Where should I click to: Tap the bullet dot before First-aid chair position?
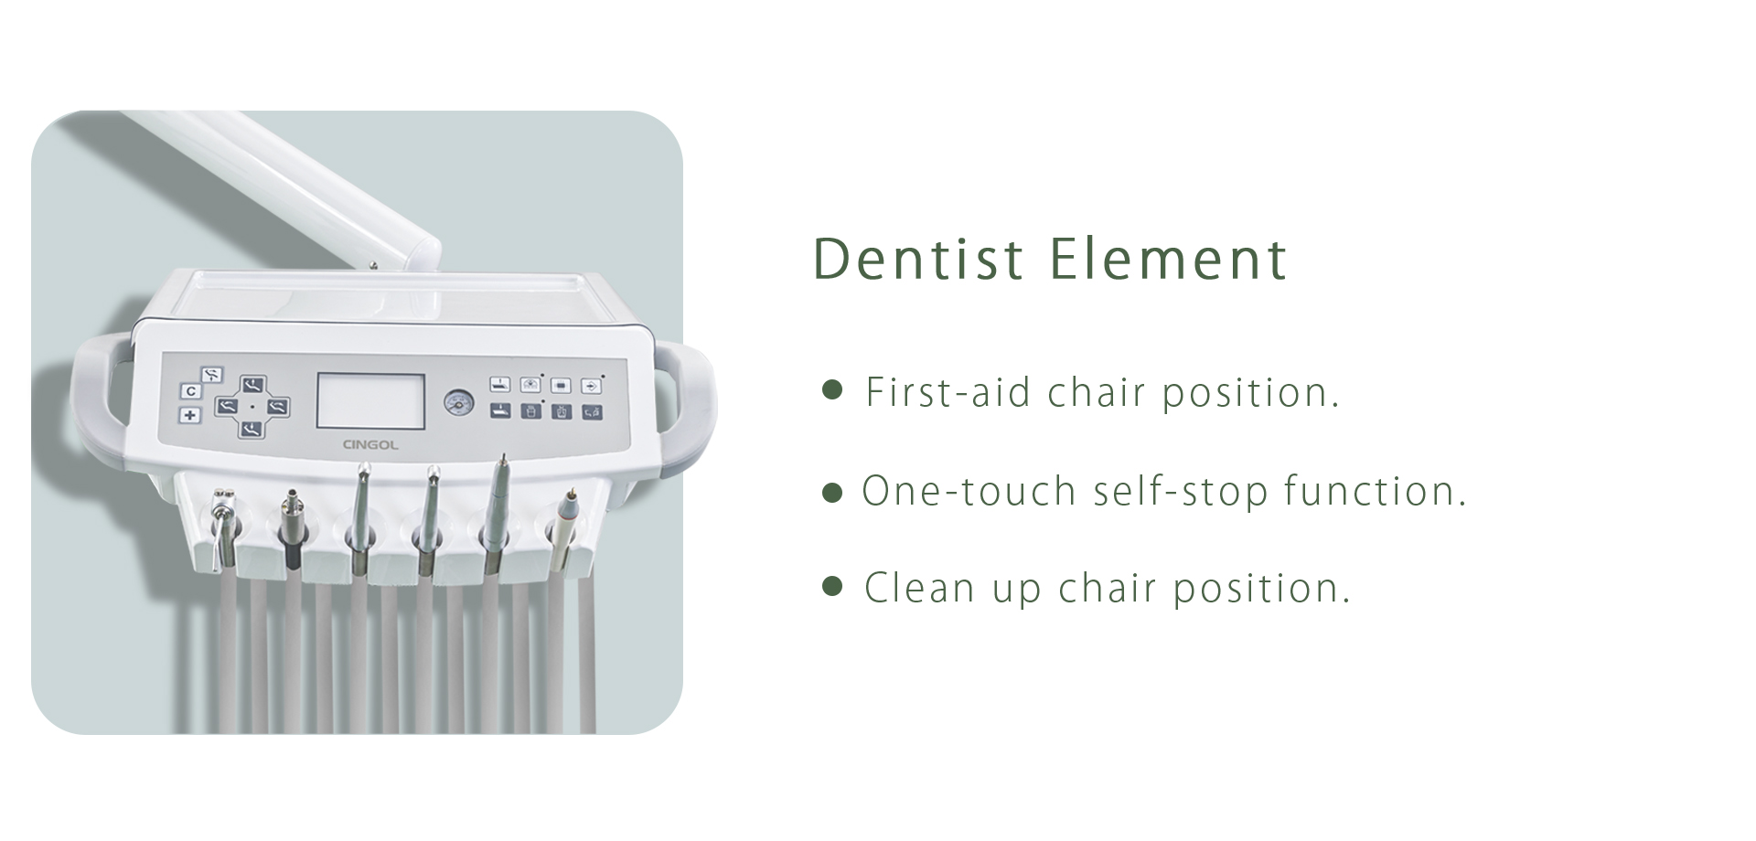(x=832, y=391)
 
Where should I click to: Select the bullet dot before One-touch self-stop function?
(x=832, y=494)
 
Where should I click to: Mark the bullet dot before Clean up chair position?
(x=832, y=586)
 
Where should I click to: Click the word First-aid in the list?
(x=948, y=392)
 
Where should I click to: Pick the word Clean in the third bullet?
(x=919, y=588)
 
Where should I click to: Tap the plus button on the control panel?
(x=190, y=415)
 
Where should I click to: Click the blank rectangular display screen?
(x=370, y=400)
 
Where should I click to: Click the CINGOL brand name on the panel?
(x=370, y=445)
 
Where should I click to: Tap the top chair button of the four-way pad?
(x=252, y=385)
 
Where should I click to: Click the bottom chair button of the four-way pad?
(x=252, y=428)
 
